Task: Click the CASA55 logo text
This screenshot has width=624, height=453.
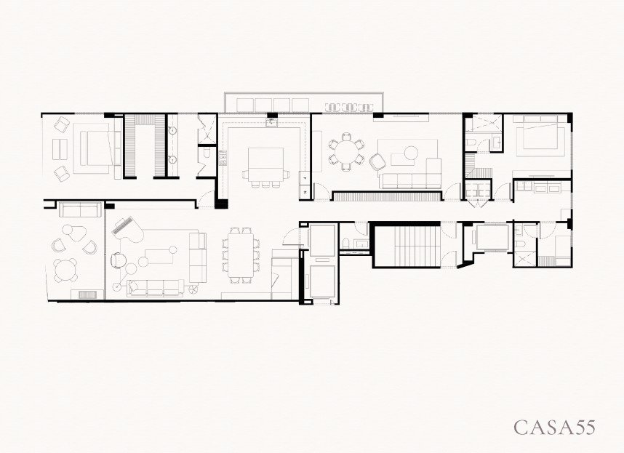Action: click(x=555, y=427)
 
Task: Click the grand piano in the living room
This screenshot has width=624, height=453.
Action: click(x=127, y=231)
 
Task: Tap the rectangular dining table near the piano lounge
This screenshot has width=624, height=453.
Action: click(x=241, y=255)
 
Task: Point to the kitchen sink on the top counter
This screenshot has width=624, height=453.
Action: click(x=272, y=123)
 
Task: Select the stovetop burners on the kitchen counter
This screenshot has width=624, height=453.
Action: click(x=223, y=158)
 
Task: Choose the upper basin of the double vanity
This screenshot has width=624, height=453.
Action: click(x=173, y=129)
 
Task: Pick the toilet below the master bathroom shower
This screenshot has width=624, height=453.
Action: click(x=206, y=153)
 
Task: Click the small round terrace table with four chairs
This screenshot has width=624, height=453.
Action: click(x=65, y=270)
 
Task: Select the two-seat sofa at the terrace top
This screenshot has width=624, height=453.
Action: click(x=81, y=209)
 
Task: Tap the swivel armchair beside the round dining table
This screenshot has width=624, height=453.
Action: click(x=377, y=161)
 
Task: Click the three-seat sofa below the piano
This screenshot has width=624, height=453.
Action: click(x=155, y=288)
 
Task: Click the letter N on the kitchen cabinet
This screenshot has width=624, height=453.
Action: click(x=305, y=192)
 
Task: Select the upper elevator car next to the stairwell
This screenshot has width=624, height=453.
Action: click(x=322, y=240)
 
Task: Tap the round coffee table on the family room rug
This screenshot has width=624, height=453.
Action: click(x=411, y=152)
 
